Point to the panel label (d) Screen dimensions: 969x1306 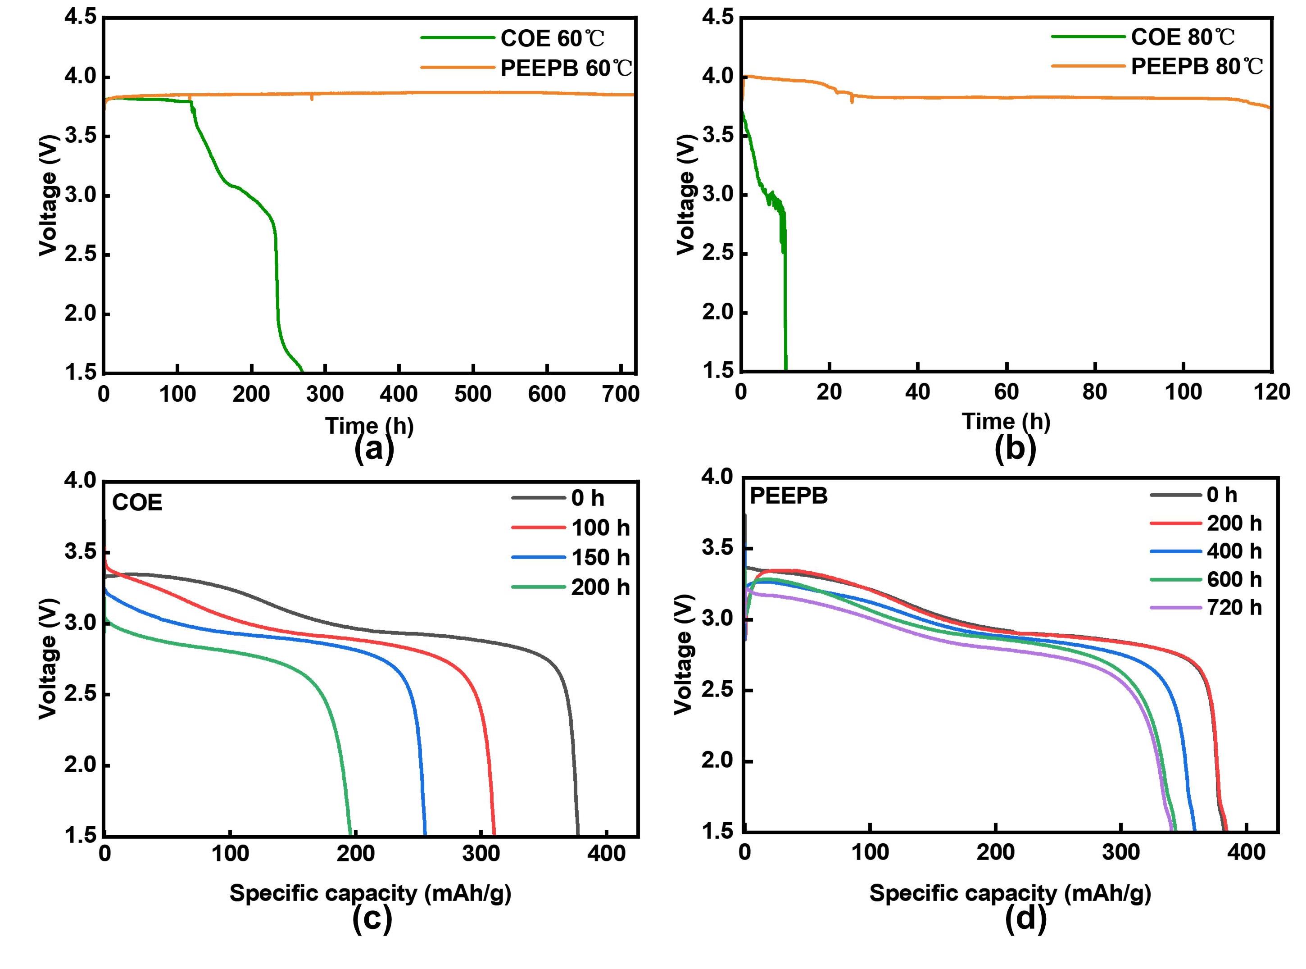click(x=1025, y=919)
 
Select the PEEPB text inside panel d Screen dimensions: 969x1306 click(x=789, y=496)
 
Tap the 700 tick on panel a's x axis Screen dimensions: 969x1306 click(x=621, y=394)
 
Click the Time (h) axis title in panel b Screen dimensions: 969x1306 click(x=1006, y=421)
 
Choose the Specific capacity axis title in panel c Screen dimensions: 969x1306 click(x=370, y=893)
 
